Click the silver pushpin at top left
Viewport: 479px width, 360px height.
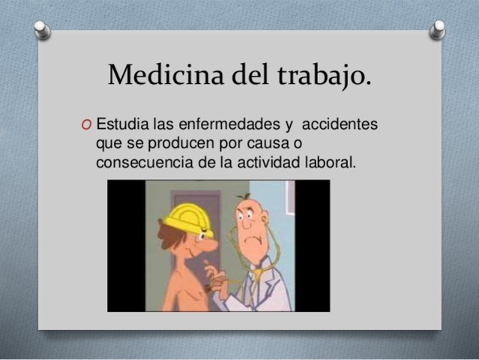43,29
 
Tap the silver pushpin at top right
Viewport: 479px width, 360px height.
438,28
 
